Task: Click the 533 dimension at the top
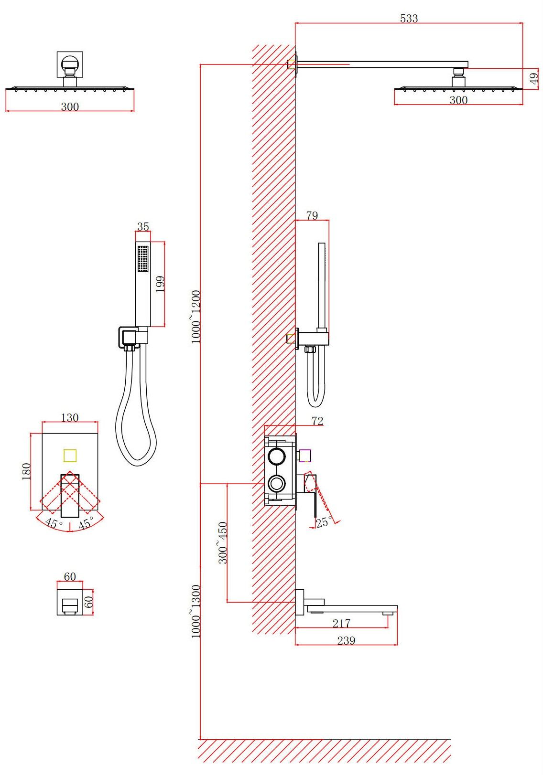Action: pos(409,18)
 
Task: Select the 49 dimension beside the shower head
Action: pos(534,78)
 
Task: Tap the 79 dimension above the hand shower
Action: pos(312,215)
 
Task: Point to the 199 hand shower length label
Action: pos(160,284)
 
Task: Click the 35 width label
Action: pos(143,227)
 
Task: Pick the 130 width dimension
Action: pos(70,418)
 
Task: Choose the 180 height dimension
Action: pos(26,471)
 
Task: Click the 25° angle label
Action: pos(324,521)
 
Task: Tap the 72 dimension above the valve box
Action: pos(317,421)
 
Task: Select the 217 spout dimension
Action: pos(341,624)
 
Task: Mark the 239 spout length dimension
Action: pos(346,640)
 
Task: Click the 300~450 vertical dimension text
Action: pos(223,543)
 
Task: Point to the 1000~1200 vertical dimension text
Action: pos(196,317)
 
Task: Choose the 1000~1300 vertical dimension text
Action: pos(196,611)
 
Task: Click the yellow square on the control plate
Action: pos(70,455)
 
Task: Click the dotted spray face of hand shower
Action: pos(142,259)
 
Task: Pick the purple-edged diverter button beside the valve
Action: pos(305,456)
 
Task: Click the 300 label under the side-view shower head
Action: pos(458,100)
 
